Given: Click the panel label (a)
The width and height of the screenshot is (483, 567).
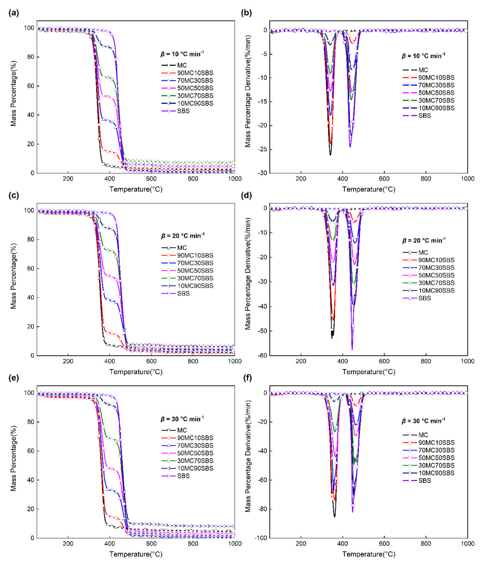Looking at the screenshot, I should coord(14,13).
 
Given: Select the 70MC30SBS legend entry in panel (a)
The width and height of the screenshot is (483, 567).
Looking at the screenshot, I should coord(195,80).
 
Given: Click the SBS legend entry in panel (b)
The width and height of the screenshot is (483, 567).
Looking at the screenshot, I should coord(424,115).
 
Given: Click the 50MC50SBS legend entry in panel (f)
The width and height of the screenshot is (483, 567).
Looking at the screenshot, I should coord(436,458).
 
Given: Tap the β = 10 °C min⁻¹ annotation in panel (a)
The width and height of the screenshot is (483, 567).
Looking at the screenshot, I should coord(182,54).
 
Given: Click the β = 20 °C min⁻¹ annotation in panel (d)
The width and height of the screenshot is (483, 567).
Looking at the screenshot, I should coord(424,241).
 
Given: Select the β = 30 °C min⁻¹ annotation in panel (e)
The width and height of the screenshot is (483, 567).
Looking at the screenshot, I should coord(182,419).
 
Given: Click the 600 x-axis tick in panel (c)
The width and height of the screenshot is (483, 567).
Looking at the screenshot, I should coord(151,361).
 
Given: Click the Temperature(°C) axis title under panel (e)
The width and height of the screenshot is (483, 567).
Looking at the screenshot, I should coord(136,554).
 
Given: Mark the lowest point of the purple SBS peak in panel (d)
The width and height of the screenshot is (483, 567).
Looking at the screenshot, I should coord(352,350).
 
